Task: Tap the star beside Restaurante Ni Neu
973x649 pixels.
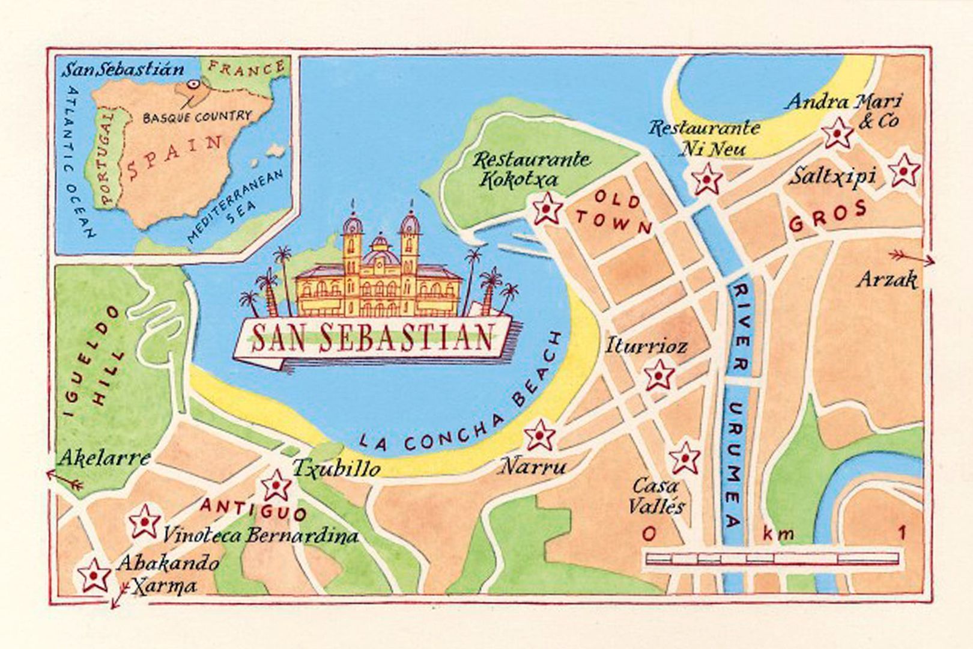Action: [706, 178]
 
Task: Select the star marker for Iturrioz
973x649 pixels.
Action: [659, 375]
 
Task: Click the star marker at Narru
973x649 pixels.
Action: [539, 435]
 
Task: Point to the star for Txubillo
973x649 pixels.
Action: [277, 485]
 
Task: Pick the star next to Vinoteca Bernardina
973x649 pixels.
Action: [145, 521]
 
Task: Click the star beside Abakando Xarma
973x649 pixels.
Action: [94, 575]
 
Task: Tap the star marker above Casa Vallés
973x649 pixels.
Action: [685, 459]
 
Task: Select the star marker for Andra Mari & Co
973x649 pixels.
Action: [837, 133]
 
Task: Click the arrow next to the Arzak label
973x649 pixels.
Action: [912, 257]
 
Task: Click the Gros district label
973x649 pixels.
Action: [828, 216]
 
